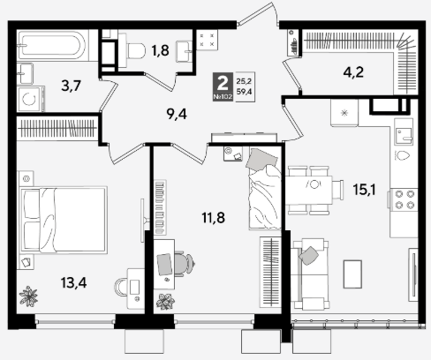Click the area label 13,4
pos(73,283)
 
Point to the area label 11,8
pos(213,218)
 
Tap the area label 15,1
pos(364,190)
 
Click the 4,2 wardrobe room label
pos(353,72)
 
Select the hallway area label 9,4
pos(177,114)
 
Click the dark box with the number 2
pos(223,86)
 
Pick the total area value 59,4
pos(244,92)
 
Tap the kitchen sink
pos(404,136)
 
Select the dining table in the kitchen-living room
pos(309,190)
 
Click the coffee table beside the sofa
pos(352,274)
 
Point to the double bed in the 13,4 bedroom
pos(63,220)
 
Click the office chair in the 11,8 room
pos(185,264)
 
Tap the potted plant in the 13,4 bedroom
pos(28,296)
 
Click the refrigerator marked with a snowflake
pos(344,113)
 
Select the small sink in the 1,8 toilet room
pos(184,52)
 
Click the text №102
pos(223,97)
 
